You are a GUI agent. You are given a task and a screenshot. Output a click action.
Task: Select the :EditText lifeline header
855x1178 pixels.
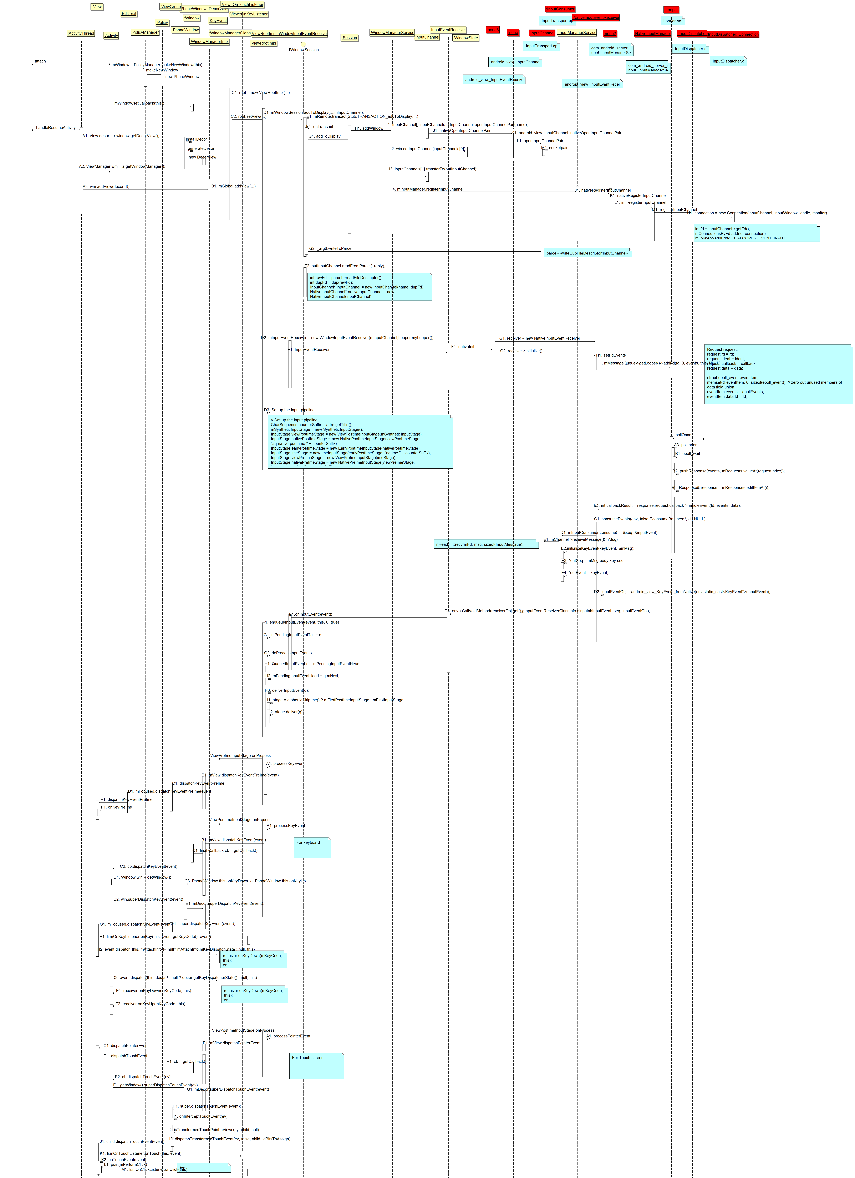[x=129, y=14]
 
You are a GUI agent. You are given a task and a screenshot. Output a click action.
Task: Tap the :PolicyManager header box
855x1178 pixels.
[x=145, y=32]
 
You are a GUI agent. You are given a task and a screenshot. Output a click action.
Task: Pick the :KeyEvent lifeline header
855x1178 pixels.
[x=218, y=21]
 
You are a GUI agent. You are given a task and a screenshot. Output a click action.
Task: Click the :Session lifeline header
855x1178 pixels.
[x=349, y=38]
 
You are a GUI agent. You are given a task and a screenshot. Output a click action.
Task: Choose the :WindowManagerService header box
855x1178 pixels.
[x=392, y=33]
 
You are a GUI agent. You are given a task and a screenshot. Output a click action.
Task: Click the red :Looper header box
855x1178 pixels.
[x=671, y=10]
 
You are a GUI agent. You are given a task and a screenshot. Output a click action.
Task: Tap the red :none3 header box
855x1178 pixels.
[x=493, y=30]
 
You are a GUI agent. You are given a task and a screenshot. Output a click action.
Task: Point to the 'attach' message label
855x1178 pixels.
[x=40, y=61]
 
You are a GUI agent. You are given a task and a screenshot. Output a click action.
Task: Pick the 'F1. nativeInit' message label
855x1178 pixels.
[x=463, y=346]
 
